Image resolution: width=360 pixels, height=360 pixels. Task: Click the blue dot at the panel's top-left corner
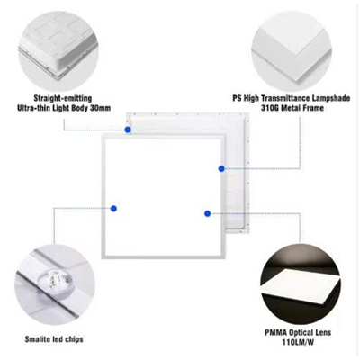(x=128, y=130)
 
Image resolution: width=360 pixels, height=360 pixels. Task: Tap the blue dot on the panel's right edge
(x=221, y=168)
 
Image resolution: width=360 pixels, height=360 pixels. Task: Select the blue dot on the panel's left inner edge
(x=113, y=209)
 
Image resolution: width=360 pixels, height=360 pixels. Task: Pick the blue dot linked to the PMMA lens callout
(x=207, y=213)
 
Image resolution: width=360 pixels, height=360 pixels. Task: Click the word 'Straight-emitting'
(x=63, y=98)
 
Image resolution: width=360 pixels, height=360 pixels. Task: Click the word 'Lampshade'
(x=331, y=98)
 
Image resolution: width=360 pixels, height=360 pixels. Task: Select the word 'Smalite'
(x=38, y=339)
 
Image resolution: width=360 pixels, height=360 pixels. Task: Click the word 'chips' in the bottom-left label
(x=74, y=339)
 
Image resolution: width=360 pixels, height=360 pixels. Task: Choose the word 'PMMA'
(x=275, y=333)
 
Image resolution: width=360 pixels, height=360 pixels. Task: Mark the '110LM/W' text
(x=298, y=342)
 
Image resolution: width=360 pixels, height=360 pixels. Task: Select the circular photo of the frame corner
(x=292, y=51)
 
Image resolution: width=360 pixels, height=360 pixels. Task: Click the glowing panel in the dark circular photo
(x=300, y=285)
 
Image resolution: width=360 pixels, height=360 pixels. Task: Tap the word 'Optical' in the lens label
(x=301, y=333)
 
